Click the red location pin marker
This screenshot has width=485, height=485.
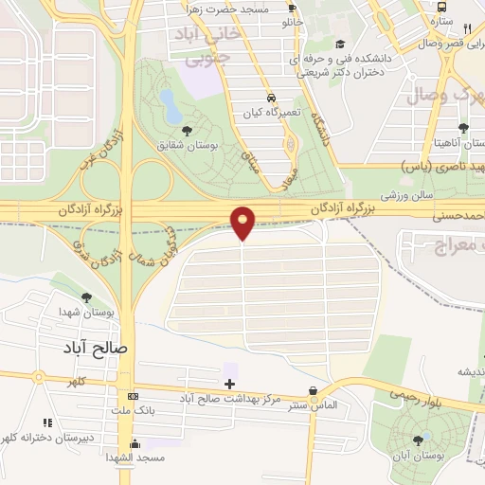coord(243,222)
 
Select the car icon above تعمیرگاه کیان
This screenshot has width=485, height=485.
coord(272,99)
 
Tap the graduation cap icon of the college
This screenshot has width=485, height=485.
coord(340,44)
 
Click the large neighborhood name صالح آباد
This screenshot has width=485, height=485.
coord(99,348)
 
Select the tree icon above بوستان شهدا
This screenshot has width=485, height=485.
coord(86,297)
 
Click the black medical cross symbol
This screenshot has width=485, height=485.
coord(228,383)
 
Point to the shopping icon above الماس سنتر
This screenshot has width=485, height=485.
coord(314,390)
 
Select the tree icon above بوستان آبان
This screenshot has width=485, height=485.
coord(418,440)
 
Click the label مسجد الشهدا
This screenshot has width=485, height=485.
coord(137,458)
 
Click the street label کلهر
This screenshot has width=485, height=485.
coord(74,382)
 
